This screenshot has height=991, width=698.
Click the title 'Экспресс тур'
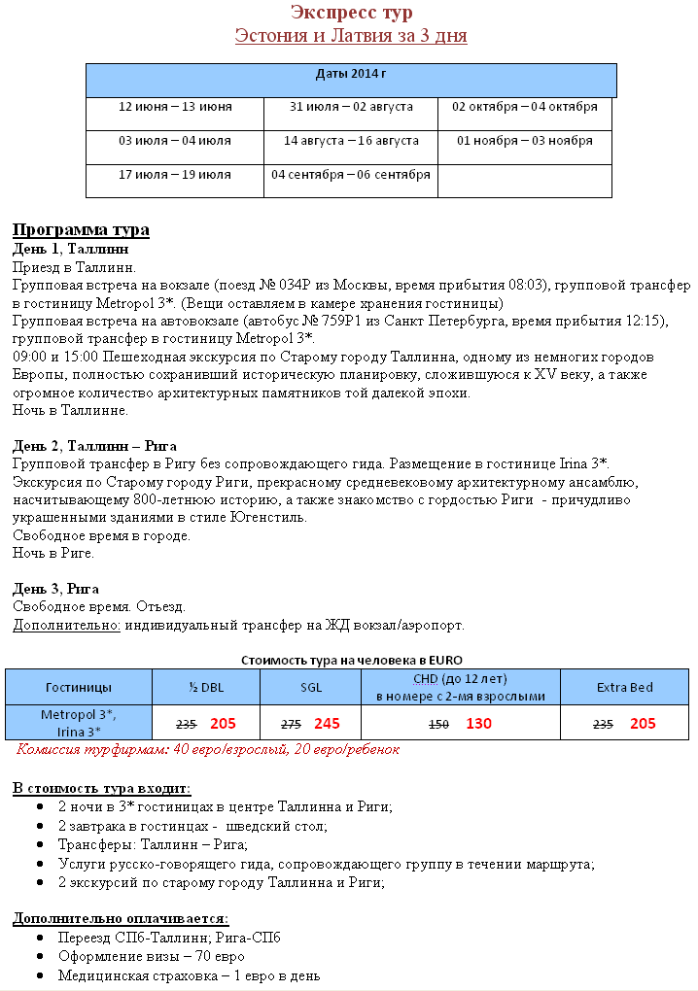(351, 13)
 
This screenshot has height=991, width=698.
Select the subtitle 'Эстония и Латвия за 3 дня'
(351, 36)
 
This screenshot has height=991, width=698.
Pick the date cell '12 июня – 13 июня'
(175, 106)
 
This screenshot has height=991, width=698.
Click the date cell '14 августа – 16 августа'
(351, 141)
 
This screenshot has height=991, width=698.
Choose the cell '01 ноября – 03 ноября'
(525, 141)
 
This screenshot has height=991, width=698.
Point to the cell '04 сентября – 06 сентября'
(351, 175)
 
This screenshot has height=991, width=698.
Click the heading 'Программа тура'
(81, 230)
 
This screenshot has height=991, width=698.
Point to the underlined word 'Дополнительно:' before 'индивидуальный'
(66, 625)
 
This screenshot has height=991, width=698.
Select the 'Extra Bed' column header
(624, 688)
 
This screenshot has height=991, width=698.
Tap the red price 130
(478, 724)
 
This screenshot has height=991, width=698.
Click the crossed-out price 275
(291, 725)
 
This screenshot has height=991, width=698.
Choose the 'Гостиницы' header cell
(79, 688)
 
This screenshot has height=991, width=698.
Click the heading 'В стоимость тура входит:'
(101, 788)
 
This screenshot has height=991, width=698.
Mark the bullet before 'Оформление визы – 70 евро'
(37, 957)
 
